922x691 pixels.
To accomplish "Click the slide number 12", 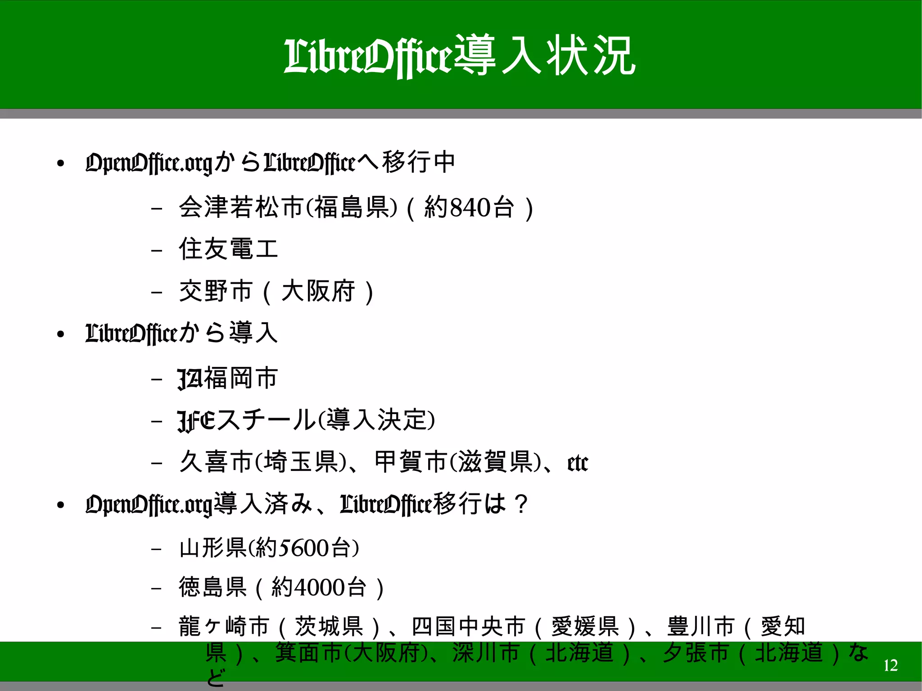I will (x=890, y=665).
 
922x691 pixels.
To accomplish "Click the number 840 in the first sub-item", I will (x=470, y=208).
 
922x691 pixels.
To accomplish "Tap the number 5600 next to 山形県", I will (x=304, y=548).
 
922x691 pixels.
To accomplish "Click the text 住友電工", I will (x=229, y=249).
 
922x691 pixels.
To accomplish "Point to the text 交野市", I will (x=216, y=291).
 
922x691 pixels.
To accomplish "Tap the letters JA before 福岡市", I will (x=190, y=378).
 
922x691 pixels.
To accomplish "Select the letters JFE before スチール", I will (x=197, y=420).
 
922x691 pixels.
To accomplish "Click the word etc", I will (x=578, y=463).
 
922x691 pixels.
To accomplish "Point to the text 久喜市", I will (x=216, y=462).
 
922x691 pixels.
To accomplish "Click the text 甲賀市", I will (x=411, y=462).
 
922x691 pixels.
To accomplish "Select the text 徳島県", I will (x=212, y=587).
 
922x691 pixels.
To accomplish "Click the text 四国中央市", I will (x=469, y=627).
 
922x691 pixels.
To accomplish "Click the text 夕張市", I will (x=695, y=653).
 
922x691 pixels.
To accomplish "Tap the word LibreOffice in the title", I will (x=367, y=57).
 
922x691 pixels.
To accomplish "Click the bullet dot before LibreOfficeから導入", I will (x=61, y=334).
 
